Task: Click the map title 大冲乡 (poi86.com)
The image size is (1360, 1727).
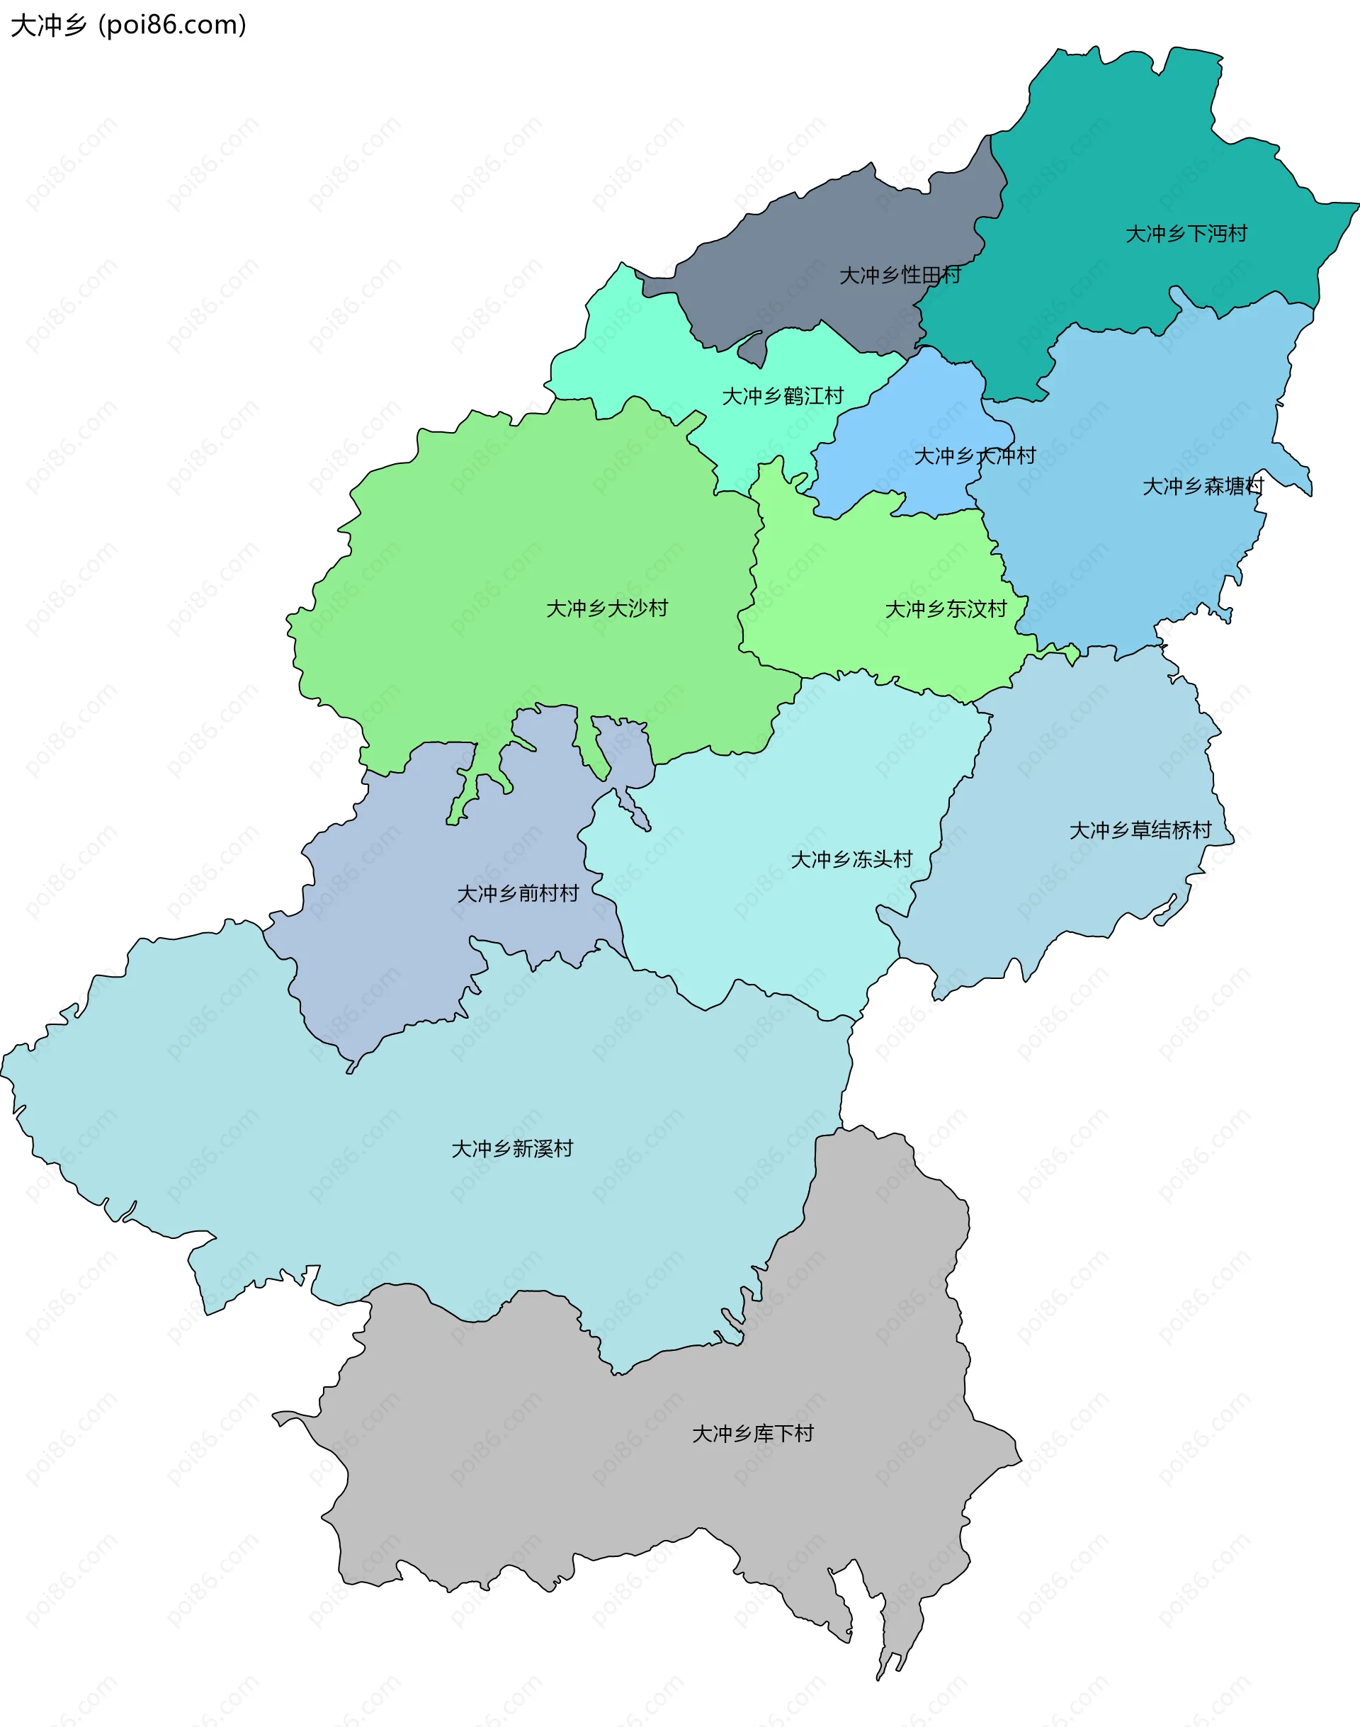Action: pos(127,26)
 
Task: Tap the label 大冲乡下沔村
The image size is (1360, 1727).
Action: pos(1186,234)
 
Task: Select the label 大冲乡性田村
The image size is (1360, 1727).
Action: pos(900,276)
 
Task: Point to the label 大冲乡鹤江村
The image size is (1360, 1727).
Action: pos(782,397)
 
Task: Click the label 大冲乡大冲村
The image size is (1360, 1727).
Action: pos(974,456)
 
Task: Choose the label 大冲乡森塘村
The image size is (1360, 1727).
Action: pos(1202,487)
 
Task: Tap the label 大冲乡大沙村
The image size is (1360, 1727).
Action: pos(607,609)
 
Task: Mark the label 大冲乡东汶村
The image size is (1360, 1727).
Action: pos(946,610)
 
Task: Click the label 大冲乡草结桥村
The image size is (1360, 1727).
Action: pos(1140,831)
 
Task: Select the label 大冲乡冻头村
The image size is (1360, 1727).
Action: pos(851,860)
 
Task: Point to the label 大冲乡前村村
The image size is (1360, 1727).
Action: pos(518,894)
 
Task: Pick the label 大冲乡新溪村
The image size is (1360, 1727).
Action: pos(512,1149)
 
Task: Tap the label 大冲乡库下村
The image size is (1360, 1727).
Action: pos(752,1434)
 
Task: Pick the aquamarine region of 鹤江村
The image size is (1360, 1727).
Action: pos(637,358)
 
